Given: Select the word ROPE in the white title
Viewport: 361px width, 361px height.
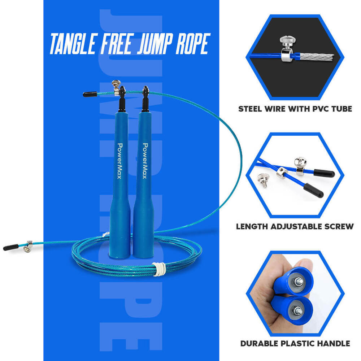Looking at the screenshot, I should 191,44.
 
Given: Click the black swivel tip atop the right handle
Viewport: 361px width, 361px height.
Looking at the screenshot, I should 145,95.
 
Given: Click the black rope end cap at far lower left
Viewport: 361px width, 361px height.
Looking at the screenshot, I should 10,248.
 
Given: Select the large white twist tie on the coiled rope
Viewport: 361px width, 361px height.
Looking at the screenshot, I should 159,268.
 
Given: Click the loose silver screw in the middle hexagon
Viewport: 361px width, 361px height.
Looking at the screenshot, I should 263,179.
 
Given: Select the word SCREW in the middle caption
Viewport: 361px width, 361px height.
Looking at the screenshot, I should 339,227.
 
